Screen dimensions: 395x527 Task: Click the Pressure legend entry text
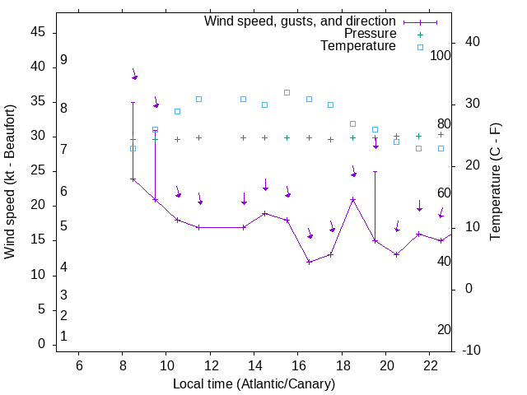tap(370, 34)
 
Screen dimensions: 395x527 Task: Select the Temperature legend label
tap(358, 46)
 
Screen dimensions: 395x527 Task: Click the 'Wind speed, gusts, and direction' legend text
tap(300, 21)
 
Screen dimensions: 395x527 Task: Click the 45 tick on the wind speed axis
tap(36, 32)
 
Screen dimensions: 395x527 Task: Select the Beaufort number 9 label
tap(63, 60)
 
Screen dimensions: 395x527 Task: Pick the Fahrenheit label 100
tap(441, 55)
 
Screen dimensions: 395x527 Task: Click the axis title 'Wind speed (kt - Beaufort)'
tap(10, 182)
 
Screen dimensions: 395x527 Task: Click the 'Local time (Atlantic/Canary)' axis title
tap(254, 383)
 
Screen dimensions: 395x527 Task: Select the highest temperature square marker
tap(287, 92)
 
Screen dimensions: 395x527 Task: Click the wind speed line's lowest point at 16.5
tap(309, 263)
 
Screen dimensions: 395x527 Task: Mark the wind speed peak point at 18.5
tap(352, 200)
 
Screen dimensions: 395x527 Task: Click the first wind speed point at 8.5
tap(133, 179)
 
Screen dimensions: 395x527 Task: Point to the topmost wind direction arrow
tap(134, 75)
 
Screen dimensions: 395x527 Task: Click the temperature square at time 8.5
tap(133, 148)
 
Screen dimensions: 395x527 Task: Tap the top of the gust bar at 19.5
tap(375, 172)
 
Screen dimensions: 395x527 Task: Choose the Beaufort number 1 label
tap(63, 336)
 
